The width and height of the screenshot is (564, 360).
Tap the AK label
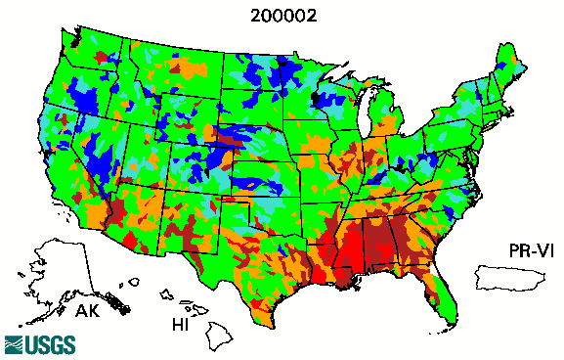(88, 312)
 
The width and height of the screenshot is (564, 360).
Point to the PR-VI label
(533, 251)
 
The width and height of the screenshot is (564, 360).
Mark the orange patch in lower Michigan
(389, 125)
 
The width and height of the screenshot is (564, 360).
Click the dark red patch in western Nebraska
(227, 142)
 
